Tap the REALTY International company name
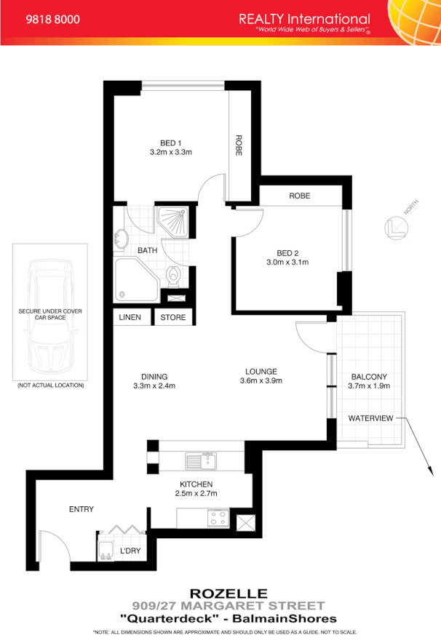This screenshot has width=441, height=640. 303,20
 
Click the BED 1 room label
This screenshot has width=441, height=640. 170,143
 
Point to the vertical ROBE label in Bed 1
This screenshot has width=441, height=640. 238,145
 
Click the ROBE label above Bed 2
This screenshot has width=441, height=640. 299,196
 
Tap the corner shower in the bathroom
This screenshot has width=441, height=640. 175,220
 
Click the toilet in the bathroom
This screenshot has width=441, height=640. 175,276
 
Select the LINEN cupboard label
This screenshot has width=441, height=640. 130,317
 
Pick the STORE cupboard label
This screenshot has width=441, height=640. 173,317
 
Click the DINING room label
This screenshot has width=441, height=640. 154,376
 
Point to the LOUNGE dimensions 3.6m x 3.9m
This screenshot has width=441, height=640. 262,380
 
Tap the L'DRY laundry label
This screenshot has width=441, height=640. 130,551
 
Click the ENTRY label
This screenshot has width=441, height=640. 82,509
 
